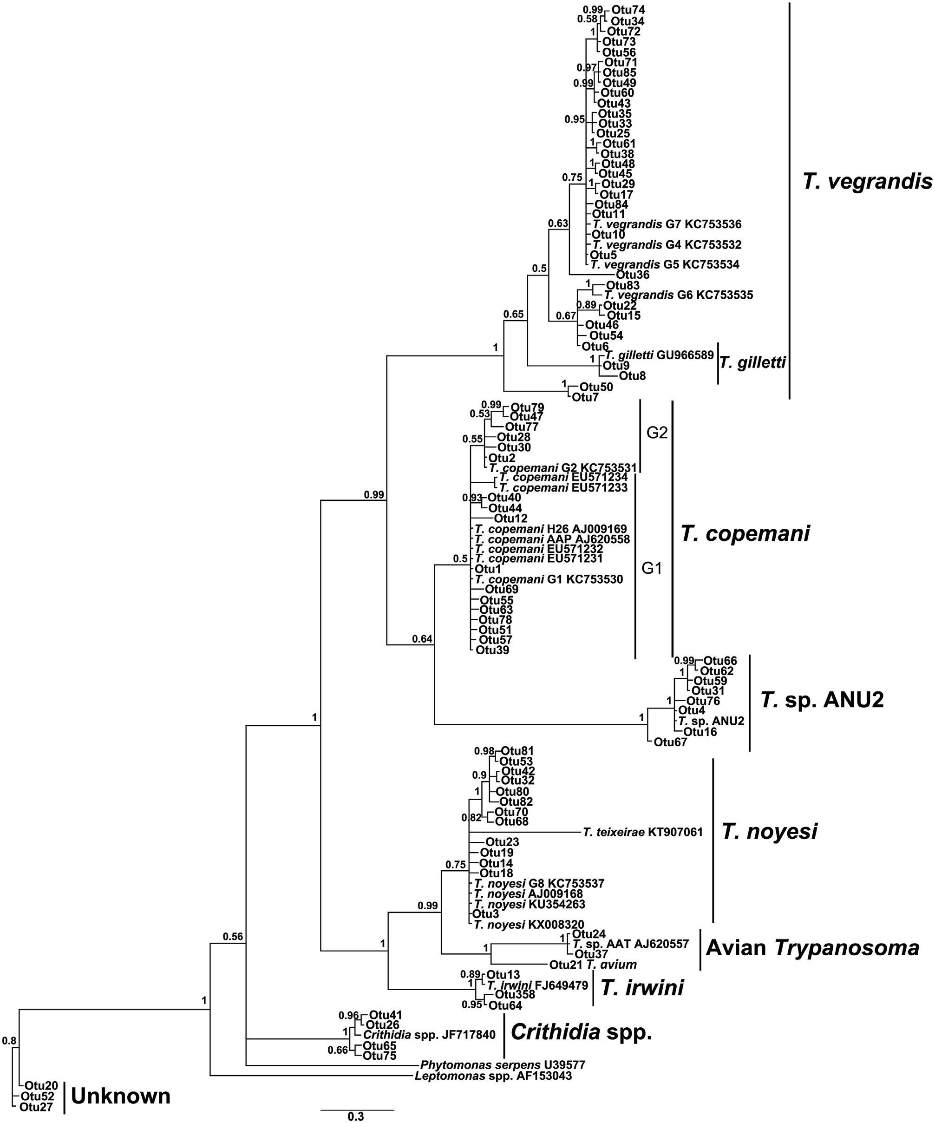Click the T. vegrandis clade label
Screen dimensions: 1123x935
(x=867, y=182)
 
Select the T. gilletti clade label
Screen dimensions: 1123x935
(x=753, y=363)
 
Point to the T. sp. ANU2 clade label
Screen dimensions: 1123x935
(x=822, y=700)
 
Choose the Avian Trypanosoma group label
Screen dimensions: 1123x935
(x=812, y=948)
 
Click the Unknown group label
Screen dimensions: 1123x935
(x=121, y=1096)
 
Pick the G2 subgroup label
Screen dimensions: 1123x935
(x=657, y=433)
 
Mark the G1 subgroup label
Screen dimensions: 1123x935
(x=652, y=568)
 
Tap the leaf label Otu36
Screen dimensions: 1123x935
(x=633, y=276)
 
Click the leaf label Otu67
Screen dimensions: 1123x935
(x=670, y=742)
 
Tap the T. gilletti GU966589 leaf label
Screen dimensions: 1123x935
(x=659, y=355)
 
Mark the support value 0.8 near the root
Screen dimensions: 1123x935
(x=9, y=1041)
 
